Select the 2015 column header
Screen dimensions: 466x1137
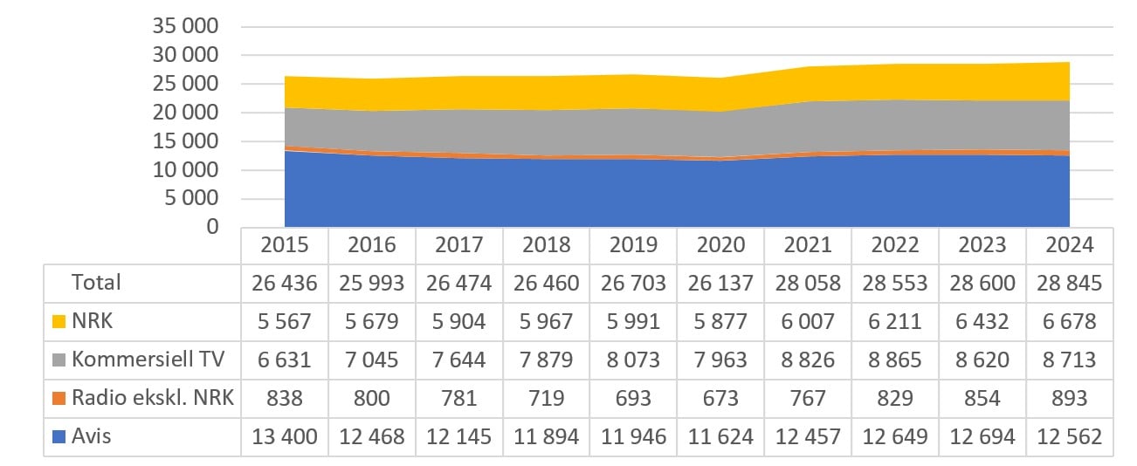tap(285, 244)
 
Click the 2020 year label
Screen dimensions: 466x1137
tap(720, 244)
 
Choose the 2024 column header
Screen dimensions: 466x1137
tap(1069, 244)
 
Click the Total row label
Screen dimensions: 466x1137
tap(97, 283)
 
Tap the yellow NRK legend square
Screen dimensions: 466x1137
tap(58, 322)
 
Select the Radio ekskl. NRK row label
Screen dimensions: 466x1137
tap(152, 398)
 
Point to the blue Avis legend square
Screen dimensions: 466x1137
tap(58, 436)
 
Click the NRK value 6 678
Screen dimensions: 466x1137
tap(1069, 322)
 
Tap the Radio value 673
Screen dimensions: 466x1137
tap(720, 398)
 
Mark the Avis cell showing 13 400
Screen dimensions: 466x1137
tap(285, 436)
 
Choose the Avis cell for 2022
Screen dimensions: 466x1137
tap(895, 436)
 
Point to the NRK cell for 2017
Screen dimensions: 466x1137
tap(459, 322)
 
